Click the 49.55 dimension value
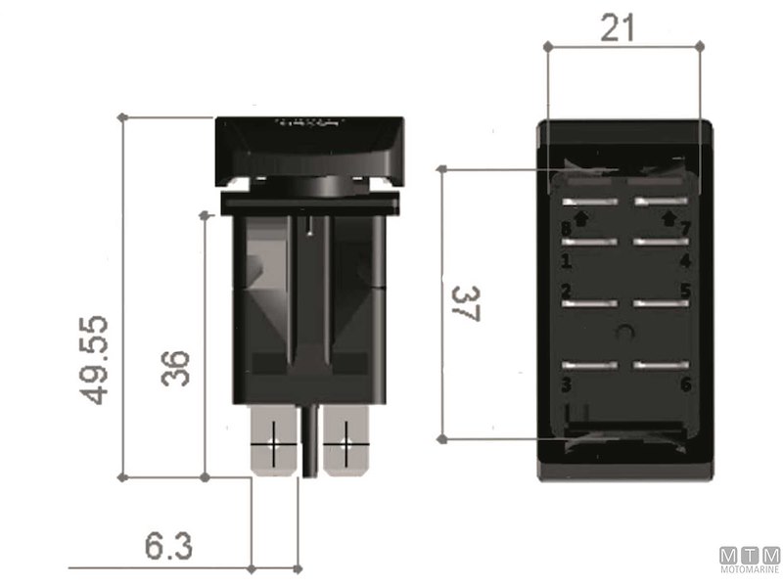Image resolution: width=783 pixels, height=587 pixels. (x=95, y=360)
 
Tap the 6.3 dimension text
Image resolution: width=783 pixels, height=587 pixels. (x=168, y=545)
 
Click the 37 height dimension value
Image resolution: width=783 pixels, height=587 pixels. (x=470, y=305)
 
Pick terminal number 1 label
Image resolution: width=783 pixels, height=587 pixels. (x=566, y=261)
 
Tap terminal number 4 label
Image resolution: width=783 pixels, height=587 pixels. (x=686, y=261)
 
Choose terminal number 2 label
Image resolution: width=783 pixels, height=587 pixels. (x=566, y=291)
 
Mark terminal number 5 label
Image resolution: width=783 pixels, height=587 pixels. (x=686, y=291)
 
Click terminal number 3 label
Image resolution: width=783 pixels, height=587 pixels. (x=566, y=384)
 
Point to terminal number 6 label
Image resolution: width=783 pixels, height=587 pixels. (x=686, y=384)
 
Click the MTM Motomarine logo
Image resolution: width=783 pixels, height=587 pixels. (x=750, y=561)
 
